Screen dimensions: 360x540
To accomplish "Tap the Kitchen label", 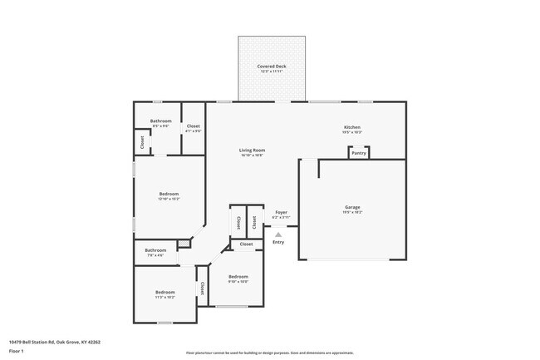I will click(x=351, y=127).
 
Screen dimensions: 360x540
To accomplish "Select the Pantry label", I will click(x=358, y=153).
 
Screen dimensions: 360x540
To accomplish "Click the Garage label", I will click(x=352, y=207).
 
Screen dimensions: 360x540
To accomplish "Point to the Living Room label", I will click(x=252, y=150).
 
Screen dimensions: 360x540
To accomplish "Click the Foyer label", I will click(x=281, y=213).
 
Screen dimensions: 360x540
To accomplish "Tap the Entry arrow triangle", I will click(x=278, y=234).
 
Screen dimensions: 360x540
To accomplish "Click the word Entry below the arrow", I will click(x=278, y=242).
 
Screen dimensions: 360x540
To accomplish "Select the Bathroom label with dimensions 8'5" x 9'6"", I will click(x=160, y=121).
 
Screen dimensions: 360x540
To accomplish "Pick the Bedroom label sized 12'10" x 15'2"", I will click(x=169, y=194).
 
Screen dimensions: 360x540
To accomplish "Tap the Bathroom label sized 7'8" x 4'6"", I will click(x=155, y=250).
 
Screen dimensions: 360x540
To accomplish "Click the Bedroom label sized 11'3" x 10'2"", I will click(x=164, y=292).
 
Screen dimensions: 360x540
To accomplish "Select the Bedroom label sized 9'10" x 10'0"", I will click(x=238, y=276).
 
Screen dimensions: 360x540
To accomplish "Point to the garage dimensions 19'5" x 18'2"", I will click(x=352, y=212).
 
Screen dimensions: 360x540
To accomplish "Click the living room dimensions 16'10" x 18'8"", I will click(x=252, y=155).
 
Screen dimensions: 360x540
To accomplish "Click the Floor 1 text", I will click(x=17, y=351).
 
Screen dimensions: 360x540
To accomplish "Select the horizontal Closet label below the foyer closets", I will click(x=247, y=244).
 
